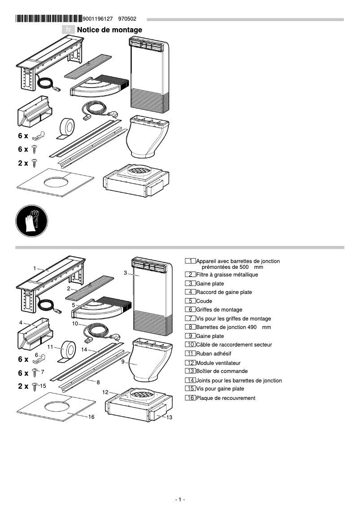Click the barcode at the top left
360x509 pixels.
(48, 19)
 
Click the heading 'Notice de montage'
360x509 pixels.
(110, 30)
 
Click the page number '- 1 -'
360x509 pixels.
(180, 500)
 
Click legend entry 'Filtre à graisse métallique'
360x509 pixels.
(227, 275)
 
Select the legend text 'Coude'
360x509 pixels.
(204, 301)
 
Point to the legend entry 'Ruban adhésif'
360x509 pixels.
(213, 354)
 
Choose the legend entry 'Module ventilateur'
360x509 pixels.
(218, 363)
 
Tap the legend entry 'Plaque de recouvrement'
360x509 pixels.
(225, 398)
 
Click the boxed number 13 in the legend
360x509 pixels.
(190, 371)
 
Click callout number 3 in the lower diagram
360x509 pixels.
(125, 272)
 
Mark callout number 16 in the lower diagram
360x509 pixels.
(91, 417)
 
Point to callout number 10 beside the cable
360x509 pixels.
(75, 323)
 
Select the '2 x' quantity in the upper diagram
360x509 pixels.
(23, 163)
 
